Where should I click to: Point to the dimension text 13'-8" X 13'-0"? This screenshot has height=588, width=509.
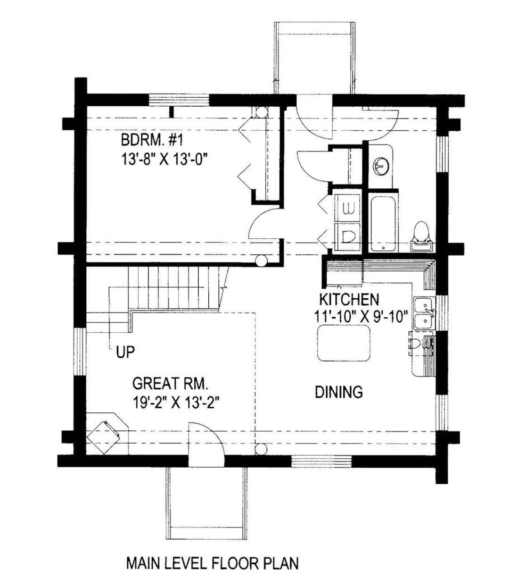(x=164, y=160)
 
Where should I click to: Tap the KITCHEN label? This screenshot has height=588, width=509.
(x=349, y=299)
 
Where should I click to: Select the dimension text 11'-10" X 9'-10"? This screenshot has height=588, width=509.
(x=361, y=317)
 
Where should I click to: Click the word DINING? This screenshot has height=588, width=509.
(x=339, y=392)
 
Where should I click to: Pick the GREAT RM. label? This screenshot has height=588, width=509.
(x=170, y=383)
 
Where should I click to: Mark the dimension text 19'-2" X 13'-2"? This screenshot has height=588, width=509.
(x=176, y=403)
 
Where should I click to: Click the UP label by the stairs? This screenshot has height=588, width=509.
(x=125, y=352)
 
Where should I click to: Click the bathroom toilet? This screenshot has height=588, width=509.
(x=421, y=237)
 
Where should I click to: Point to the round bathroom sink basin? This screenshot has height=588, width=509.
(x=381, y=166)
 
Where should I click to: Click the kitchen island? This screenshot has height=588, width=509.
(x=344, y=344)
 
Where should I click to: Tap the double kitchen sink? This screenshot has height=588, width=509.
(x=424, y=313)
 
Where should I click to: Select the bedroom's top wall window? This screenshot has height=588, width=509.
(x=179, y=100)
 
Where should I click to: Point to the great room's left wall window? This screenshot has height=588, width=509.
(x=81, y=353)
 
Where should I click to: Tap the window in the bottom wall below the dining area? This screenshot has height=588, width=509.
(x=321, y=462)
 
